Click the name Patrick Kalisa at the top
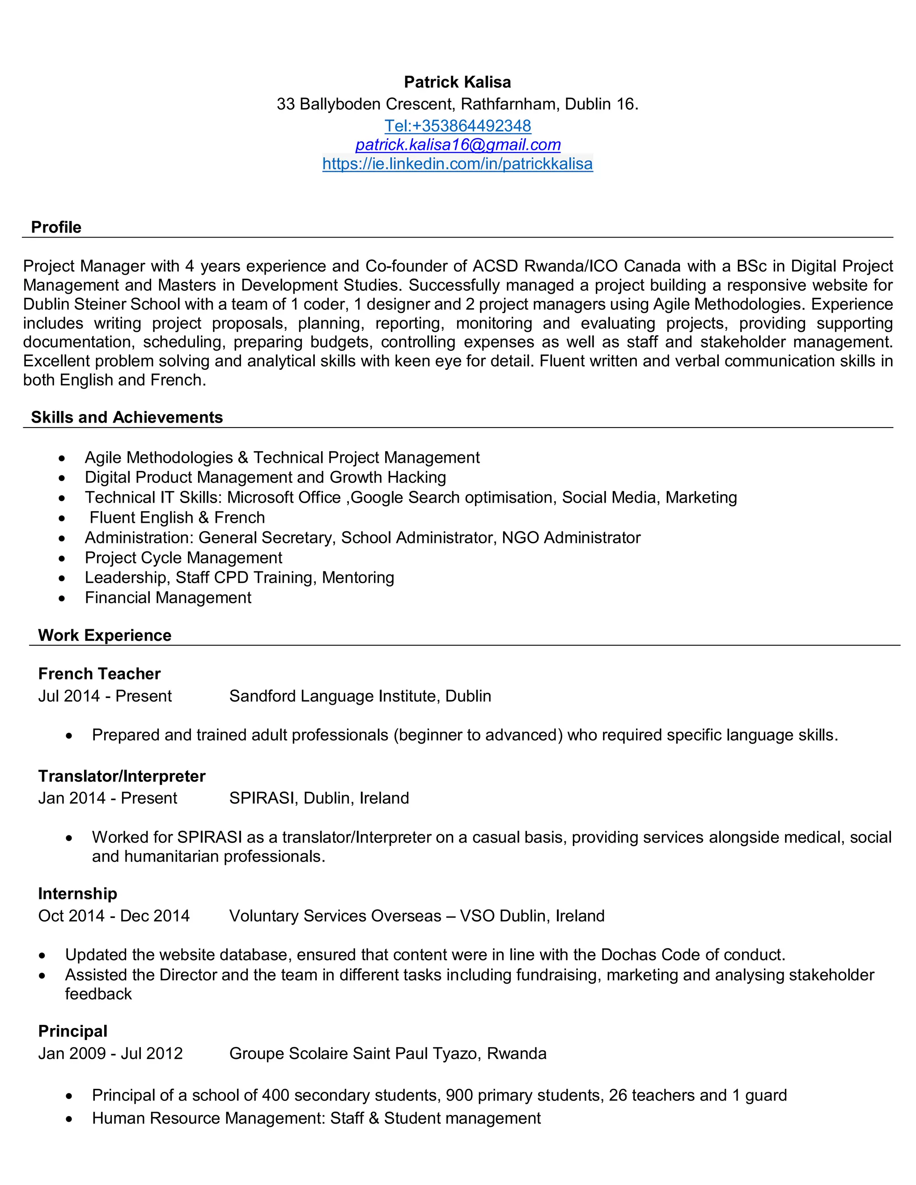tap(458, 82)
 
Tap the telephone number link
tap(458, 126)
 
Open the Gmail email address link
tap(458, 145)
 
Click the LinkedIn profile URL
tap(458, 163)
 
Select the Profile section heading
tap(56, 227)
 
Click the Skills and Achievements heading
tap(127, 417)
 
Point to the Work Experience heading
tap(104, 635)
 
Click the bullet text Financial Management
tap(168, 597)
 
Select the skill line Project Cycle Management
tap(183, 557)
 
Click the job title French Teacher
tap(99, 673)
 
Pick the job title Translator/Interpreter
tap(122, 776)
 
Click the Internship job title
tap(77, 893)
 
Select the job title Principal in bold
tap(73, 1031)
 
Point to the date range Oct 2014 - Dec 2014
tap(114, 916)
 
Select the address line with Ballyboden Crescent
tap(458, 104)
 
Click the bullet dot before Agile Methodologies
tap(63, 458)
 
